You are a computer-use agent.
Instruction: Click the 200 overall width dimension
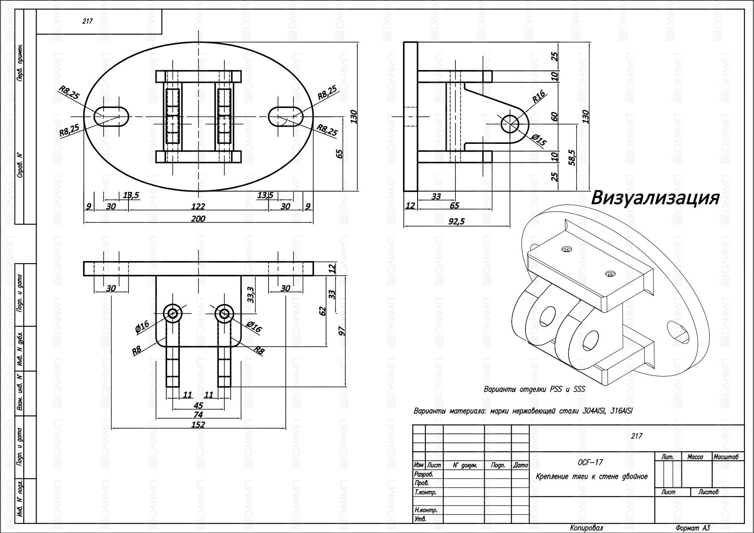(x=198, y=219)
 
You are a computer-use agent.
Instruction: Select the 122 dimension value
(x=198, y=207)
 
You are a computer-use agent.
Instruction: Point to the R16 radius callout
(x=538, y=96)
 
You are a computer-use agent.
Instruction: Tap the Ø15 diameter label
(x=539, y=140)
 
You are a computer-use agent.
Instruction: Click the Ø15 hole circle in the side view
(x=510, y=124)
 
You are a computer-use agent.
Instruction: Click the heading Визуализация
(x=655, y=198)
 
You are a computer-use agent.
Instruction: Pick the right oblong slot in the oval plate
(x=286, y=116)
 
